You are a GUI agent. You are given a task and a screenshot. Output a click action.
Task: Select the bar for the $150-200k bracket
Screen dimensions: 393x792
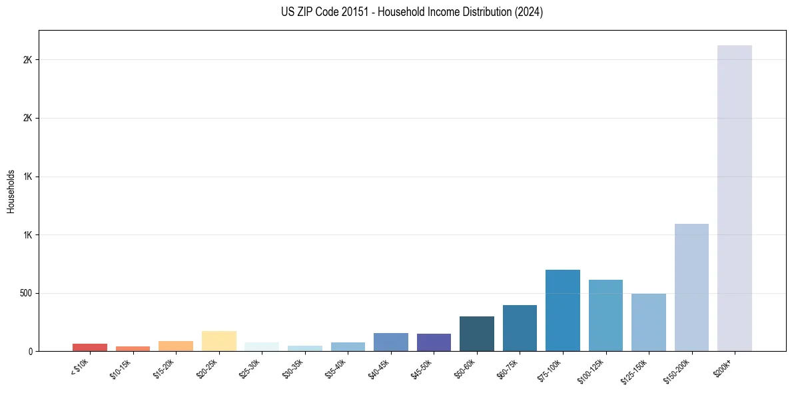[691, 287]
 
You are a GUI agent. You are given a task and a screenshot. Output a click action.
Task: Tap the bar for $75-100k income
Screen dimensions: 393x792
[562, 310]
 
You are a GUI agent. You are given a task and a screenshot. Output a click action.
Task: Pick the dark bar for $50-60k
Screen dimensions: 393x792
[476, 334]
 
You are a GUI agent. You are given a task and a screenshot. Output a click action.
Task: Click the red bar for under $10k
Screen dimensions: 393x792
[90, 347]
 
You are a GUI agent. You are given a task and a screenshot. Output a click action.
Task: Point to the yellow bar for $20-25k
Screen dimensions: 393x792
[218, 341]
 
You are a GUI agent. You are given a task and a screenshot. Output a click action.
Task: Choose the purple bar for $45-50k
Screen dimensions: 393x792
[434, 342]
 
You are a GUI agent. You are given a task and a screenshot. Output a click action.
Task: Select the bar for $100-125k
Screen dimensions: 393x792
[605, 315]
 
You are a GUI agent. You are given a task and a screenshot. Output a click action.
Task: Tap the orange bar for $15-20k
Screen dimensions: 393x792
[176, 346]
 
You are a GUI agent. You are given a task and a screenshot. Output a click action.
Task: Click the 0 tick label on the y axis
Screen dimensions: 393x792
[30, 351]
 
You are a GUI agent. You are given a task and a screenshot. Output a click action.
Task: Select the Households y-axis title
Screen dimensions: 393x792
[11, 191]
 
